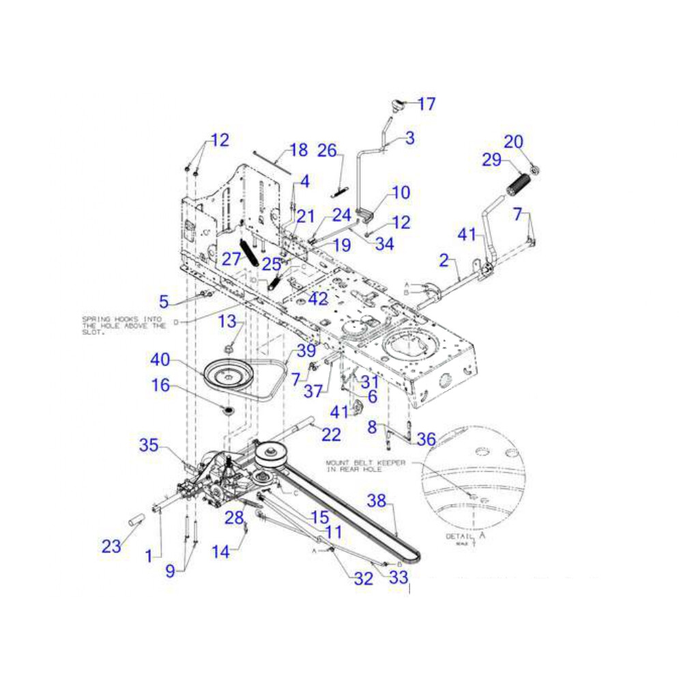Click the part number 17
tap(426, 104)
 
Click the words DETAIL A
tap(466, 536)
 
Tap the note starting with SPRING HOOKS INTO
tap(124, 322)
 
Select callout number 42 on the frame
tap(318, 299)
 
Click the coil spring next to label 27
tap(249, 253)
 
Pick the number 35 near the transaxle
tap(149, 446)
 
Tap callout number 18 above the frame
tap(299, 150)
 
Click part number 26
tap(328, 150)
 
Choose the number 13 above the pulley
tap(227, 321)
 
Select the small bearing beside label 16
tap(227, 410)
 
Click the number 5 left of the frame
tap(163, 301)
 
